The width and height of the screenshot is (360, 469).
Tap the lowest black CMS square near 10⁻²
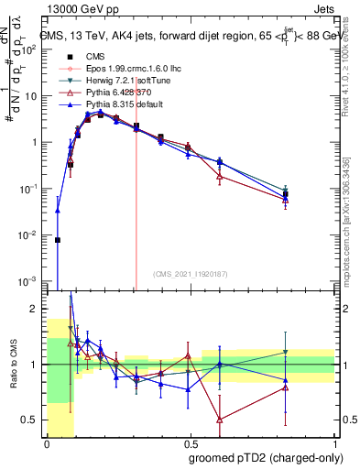58,240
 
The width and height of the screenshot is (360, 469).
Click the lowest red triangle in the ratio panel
220,420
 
